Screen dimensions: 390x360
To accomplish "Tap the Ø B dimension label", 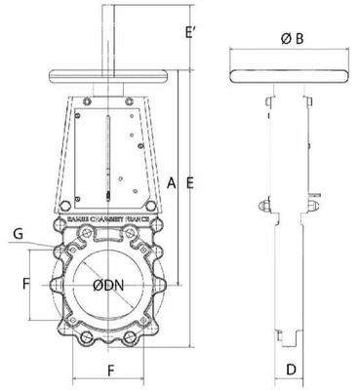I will coord(290,39).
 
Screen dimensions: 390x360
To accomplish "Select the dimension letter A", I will coord(172,182).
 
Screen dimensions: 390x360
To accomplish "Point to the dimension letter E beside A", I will coord(191,182).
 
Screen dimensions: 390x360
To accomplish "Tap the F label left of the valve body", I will coord(26,284).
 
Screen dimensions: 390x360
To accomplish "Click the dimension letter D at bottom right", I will coord(290,370).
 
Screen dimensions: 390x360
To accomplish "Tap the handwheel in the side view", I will coord(290,75).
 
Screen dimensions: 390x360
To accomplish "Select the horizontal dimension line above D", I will coord(290,355).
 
